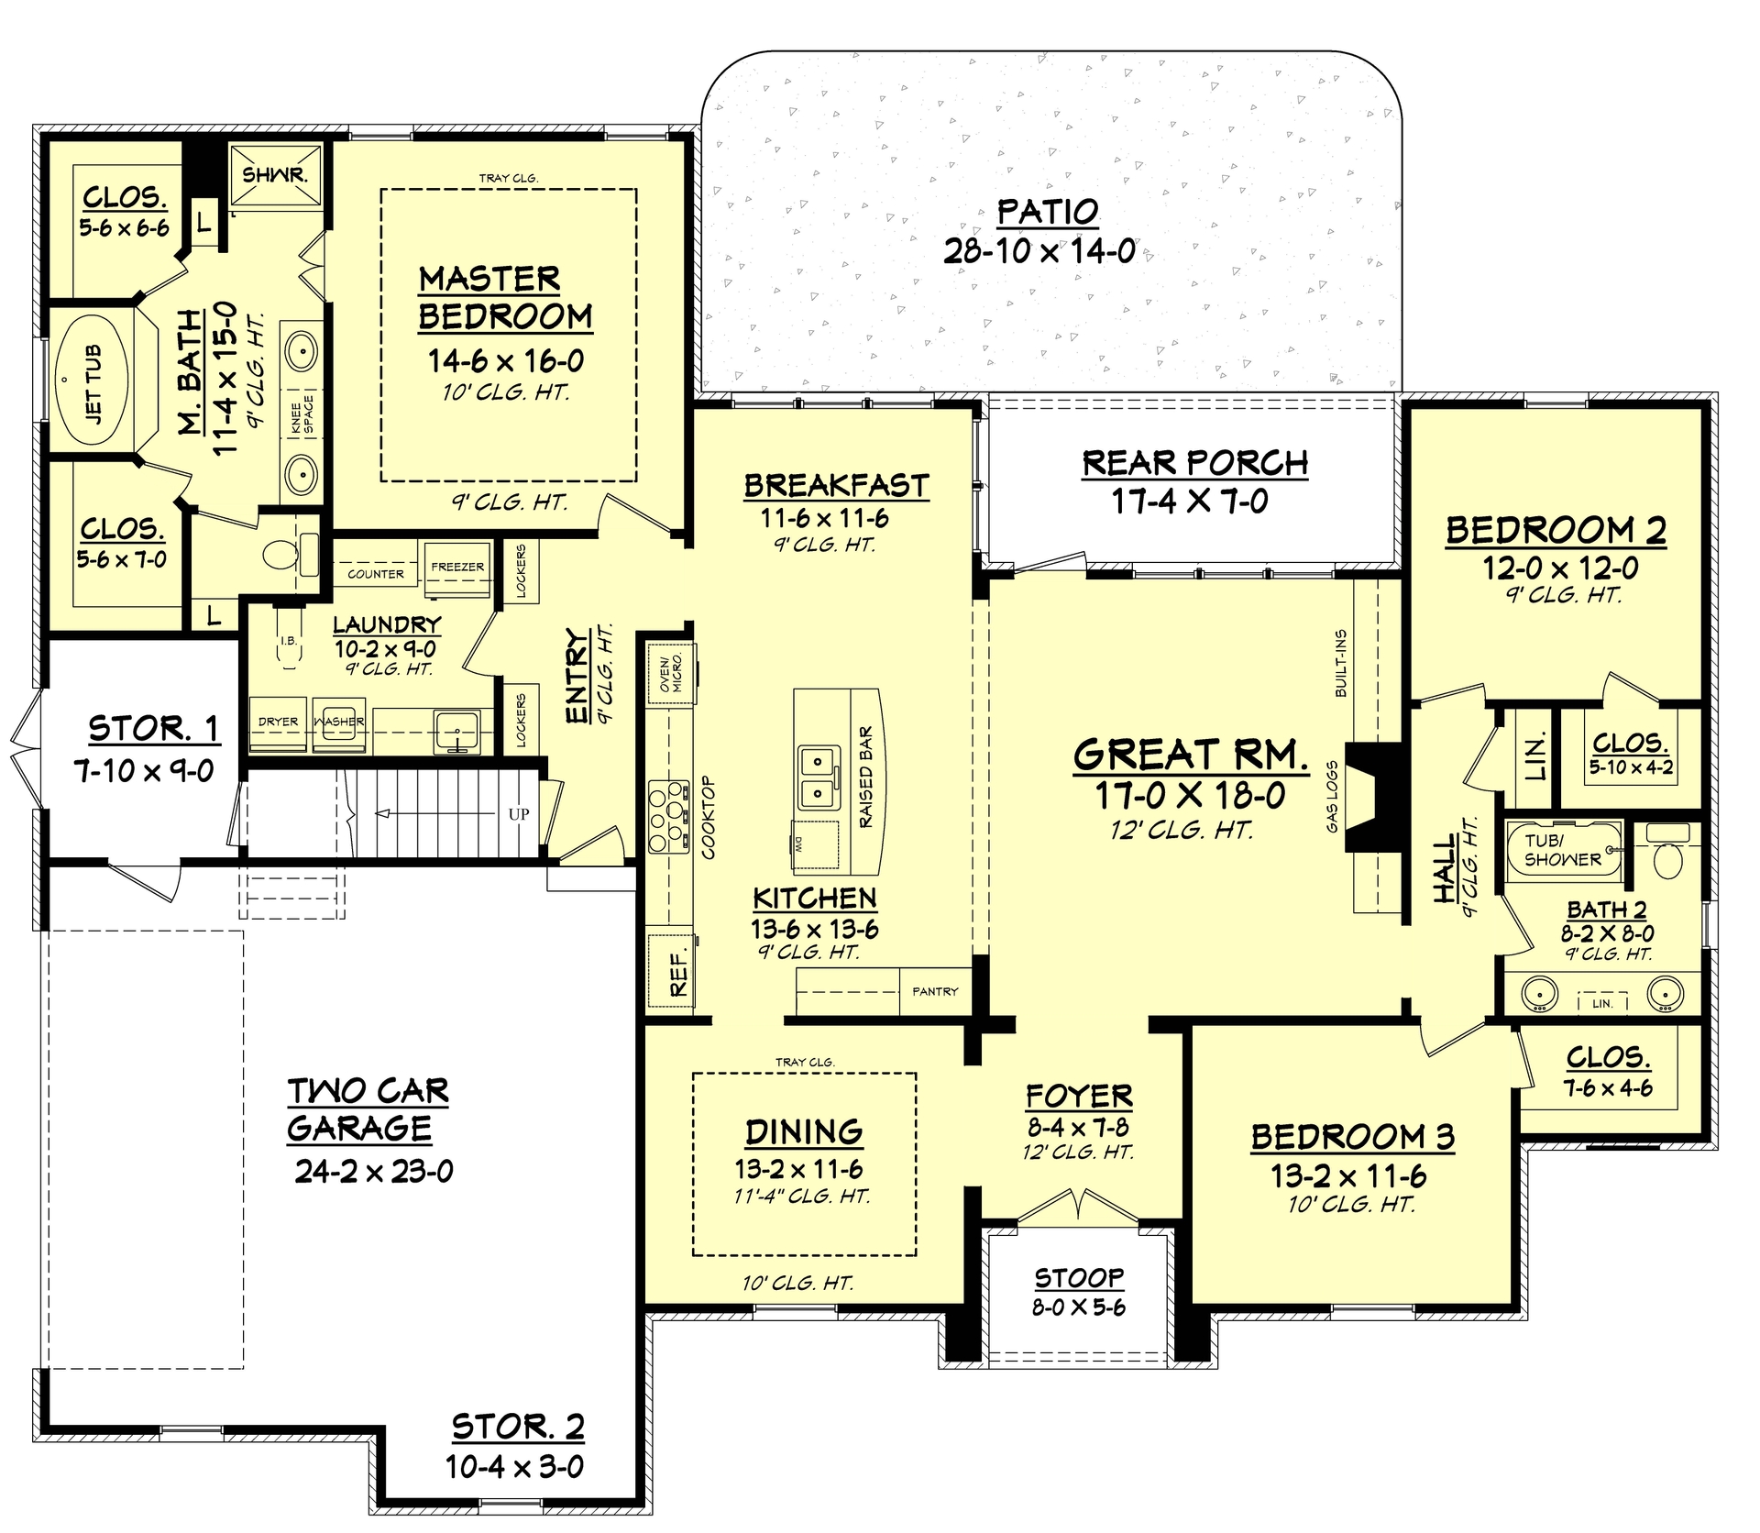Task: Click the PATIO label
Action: [1047, 212]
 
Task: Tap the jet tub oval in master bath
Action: [93, 380]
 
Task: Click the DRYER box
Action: [278, 722]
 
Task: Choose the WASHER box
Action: [338, 722]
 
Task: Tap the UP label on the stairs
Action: [518, 814]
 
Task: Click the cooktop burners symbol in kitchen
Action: [668, 816]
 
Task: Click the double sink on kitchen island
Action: [819, 778]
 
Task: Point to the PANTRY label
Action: [934, 991]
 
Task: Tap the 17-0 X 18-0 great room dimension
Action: [1190, 796]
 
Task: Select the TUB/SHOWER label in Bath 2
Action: [1562, 850]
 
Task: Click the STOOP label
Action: [1079, 1278]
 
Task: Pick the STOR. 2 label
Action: [518, 1427]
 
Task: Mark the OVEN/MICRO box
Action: [669, 675]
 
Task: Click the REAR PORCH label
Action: [1194, 463]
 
